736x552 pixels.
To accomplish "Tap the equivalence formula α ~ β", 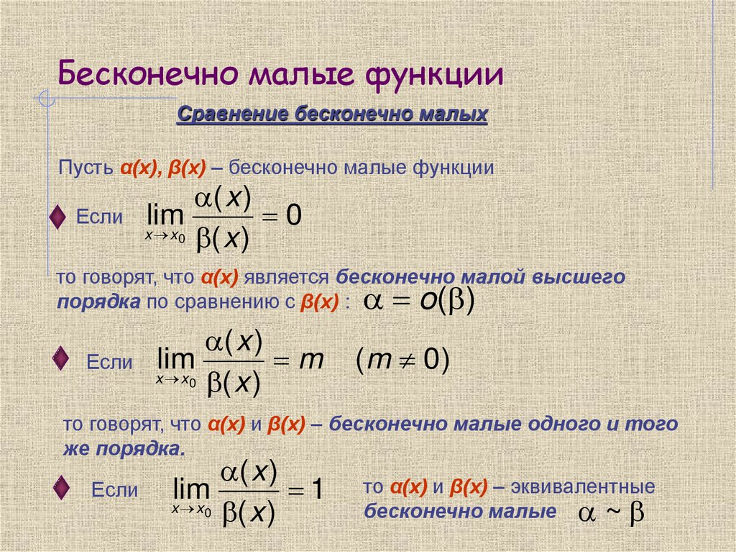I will (x=611, y=514).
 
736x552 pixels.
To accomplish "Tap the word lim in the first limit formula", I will (x=165, y=216).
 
